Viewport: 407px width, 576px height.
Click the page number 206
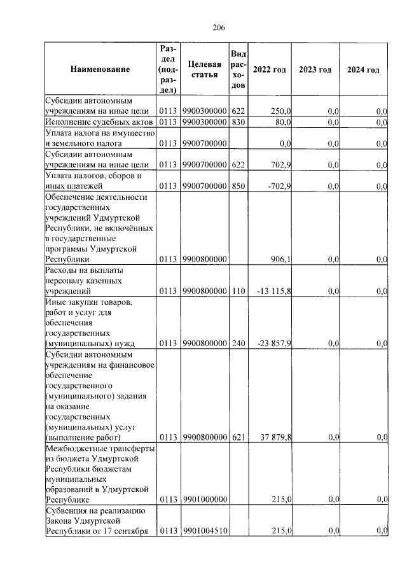[219, 27]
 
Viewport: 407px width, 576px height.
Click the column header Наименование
[100, 69]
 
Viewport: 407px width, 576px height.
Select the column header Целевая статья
[205, 69]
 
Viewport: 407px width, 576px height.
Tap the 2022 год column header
[269, 69]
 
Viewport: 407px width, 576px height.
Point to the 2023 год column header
[315, 69]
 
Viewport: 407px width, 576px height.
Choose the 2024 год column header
[363, 69]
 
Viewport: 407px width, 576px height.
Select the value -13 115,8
[274, 291]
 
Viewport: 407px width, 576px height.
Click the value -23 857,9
[274, 343]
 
